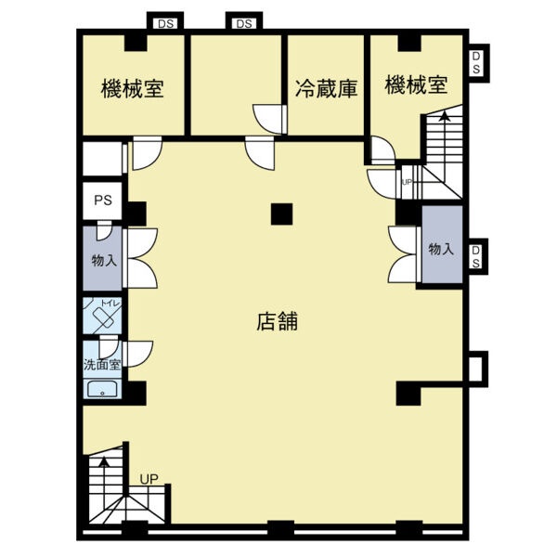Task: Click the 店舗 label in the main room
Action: click(x=277, y=321)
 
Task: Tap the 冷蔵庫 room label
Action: click(x=326, y=88)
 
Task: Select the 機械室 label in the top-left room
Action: click(x=133, y=88)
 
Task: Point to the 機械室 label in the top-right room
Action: click(x=416, y=84)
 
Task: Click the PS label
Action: click(x=103, y=201)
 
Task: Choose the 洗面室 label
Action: click(x=102, y=365)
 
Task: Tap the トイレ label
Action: click(x=110, y=304)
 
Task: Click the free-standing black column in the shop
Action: click(x=281, y=214)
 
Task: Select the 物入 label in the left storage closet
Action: click(x=104, y=260)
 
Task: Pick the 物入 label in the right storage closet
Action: click(x=441, y=249)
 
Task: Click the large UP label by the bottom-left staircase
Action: click(x=149, y=479)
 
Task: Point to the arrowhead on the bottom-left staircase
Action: click(x=104, y=461)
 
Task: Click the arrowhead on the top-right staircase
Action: click(x=443, y=116)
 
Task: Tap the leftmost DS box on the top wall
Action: click(x=165, y=23)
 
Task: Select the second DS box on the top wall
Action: click(x=244, y=23)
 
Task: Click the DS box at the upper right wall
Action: click(x=476, y=63)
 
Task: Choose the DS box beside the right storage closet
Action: click(x=476, y=256)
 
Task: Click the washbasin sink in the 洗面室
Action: click(x=102, y=389)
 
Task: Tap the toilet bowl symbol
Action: click(x=103, y=317)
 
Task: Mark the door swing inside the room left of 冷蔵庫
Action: click(x=266, y=120)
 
